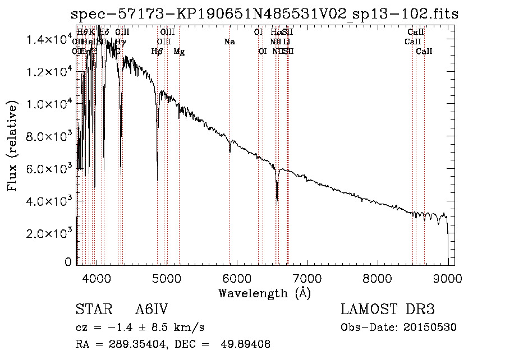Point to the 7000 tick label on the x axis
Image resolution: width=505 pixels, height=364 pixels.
307,278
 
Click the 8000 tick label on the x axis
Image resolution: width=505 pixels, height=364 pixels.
377,278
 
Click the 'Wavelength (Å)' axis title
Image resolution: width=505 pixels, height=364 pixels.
264,293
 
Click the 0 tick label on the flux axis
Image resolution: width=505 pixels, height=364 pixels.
68,261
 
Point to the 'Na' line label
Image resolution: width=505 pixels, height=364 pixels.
229,42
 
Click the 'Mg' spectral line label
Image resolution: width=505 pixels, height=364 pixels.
179,52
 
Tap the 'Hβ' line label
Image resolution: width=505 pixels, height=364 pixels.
157,52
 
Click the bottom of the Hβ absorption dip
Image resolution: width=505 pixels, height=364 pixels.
157,165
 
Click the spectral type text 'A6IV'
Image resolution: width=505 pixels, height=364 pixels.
151,310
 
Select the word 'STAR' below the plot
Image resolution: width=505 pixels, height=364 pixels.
90,310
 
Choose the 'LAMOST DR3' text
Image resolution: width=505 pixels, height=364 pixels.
388,310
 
